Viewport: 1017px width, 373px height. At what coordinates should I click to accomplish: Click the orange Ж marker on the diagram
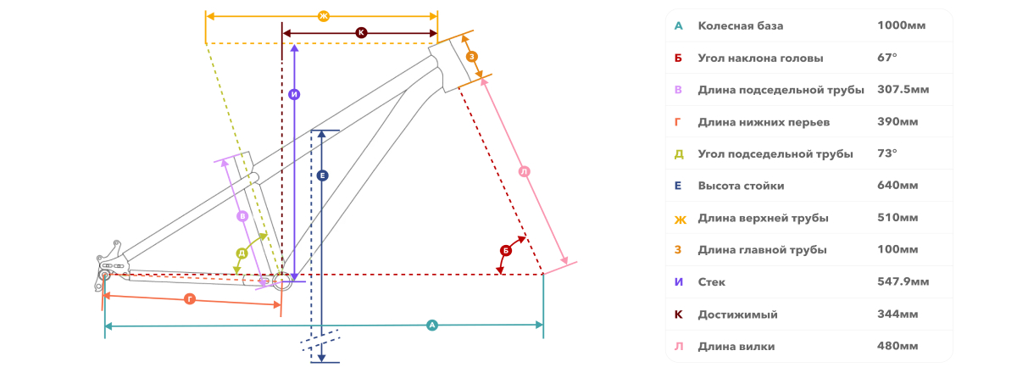pyautogui.click(x=323, y=16)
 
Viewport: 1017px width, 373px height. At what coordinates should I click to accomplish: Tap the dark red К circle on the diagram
pyautogui.click(x=361, y=33)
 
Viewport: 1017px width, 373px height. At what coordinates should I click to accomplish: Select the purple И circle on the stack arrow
pyautogui.click(x=294, y=94)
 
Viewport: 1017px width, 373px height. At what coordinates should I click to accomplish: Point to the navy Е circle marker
pyautogui.click(x=322, y=175)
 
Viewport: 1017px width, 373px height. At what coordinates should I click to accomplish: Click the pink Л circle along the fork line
pyautogui.click(x=525, y=172)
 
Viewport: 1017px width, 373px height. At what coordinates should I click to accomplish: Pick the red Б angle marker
pyautogui.click(x=506, y=250)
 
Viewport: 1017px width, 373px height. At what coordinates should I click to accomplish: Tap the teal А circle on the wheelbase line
pyautogui.click(x=431, y=325)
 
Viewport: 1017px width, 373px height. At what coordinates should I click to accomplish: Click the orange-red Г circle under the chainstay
pyautogui.click(x=190, y=299)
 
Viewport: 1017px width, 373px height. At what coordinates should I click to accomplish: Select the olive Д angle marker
pyautogui.click(x=242, y=253)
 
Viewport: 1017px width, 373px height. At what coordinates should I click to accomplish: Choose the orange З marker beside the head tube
pyautogui.click(x=472, y=57)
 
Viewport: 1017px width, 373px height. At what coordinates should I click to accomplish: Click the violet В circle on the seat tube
pyautogui.click(x=242, y=216)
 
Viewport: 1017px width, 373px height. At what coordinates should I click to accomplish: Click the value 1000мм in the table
pyautogui.click(x=901, y=25)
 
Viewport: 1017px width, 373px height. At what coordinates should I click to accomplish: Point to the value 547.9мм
pyautogui.click(x=903, y=281)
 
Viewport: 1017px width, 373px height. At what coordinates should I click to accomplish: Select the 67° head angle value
pyautogui.click(x=887, y=58)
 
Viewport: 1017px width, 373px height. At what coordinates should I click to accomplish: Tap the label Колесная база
pyautogui.click(x=741, y=26)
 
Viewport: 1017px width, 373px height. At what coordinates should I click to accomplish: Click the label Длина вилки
pyautogui.click(x=736, y=347)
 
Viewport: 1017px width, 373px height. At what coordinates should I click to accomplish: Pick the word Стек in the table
pyautogui.click(x=711, y=282)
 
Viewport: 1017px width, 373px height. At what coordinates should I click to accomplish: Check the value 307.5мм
pyautogui.click(x=903, y=90)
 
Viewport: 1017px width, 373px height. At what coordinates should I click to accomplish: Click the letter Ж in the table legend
pyautogui.click(x=680, y=220)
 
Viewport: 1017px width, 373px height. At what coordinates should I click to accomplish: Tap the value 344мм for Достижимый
pyautogui.click(x=898, y=314)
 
